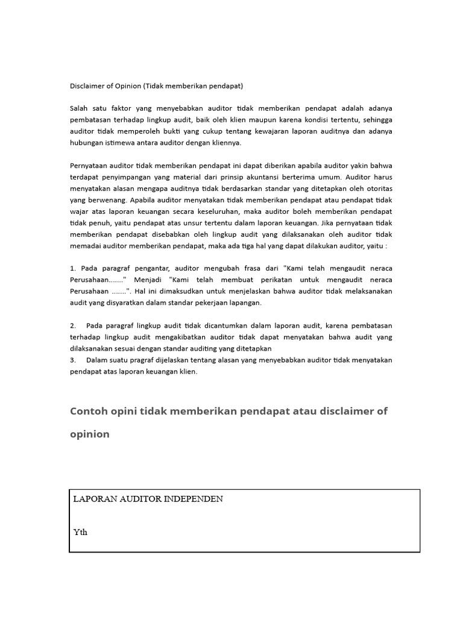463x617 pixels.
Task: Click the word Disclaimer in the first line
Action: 87,86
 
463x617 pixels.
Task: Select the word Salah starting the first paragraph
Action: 80,108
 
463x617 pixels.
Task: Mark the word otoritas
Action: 377,188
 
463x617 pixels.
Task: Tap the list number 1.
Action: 72,268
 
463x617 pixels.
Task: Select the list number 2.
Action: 72,325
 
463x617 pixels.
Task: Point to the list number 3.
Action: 72,360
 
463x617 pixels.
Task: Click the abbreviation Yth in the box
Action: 80,532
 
